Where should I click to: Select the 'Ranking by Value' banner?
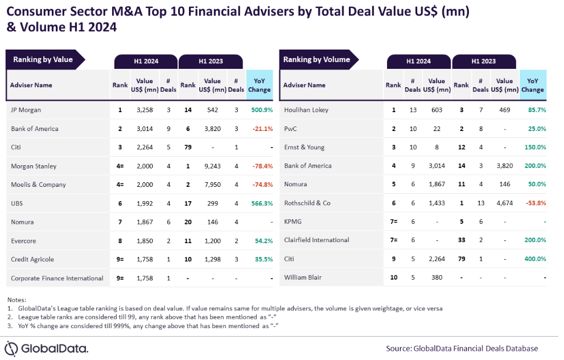pyautogui.click(x=43, y=59)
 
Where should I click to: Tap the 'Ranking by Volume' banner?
pyautogui.click(x=316, y=59)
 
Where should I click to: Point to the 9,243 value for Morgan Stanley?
pyautogui.click(x=212, y=166)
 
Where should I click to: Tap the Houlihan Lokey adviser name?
pyautogui.click(x=306, y=110)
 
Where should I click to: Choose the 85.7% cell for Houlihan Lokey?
pyautogui.click(x=534, y=110)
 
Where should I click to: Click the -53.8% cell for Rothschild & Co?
pyautogui.click(x=533, y=203)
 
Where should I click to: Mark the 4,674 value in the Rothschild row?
pyautogui.click(x=504, y=203)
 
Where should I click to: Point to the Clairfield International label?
pyautogui.click(x=316, y=240)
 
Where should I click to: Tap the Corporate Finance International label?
pyautogui.click(x=57, y=278)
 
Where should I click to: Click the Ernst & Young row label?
pyautogui.click(x=304, y=147)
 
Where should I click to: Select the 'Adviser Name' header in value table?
pyautogui.click(x=31, y=85)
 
